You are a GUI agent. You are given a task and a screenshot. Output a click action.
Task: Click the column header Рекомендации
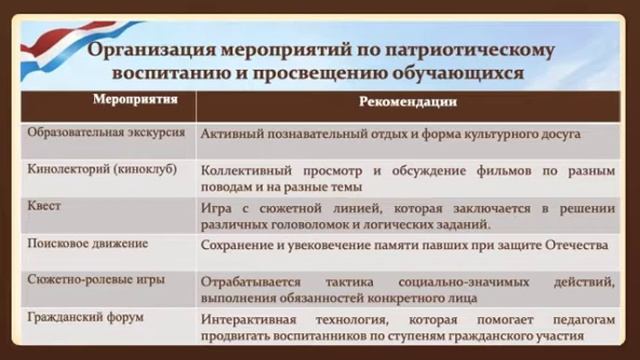[408, 101]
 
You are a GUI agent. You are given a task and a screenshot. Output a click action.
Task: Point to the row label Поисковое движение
[88, 243]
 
